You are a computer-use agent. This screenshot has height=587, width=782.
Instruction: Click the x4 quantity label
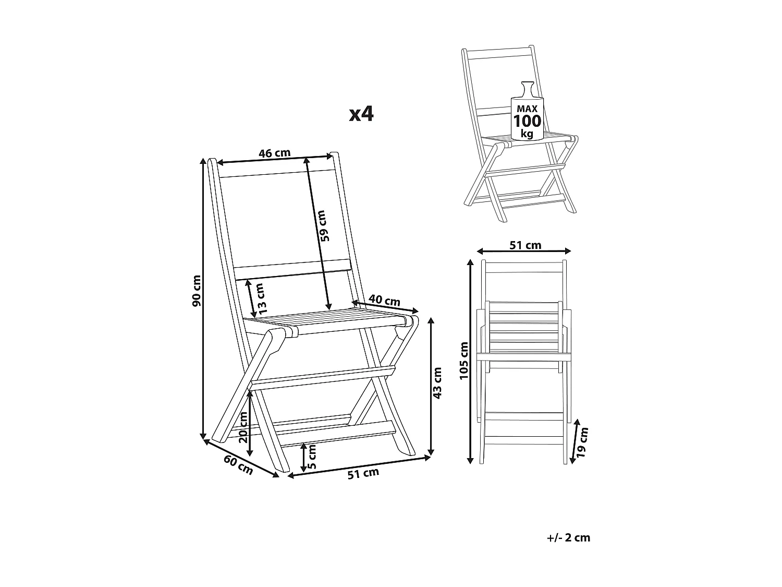point(361,114)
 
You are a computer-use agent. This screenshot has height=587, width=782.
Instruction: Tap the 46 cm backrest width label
point(274,153)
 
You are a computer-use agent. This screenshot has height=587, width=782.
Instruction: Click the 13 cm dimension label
point(262,296)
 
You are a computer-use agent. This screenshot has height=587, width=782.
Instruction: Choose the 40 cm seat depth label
point(385,301)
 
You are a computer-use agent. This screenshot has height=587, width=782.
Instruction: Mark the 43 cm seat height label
point(437,384)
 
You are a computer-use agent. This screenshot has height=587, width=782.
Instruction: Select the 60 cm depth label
point(238,464)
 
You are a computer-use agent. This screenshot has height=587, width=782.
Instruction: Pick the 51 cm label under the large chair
point(363,473)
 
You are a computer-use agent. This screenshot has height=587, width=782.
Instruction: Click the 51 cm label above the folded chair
point(525,245)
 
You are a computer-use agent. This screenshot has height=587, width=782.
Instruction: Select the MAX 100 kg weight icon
point(527,114)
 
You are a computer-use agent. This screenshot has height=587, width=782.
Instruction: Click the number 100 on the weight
point(527,121)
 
